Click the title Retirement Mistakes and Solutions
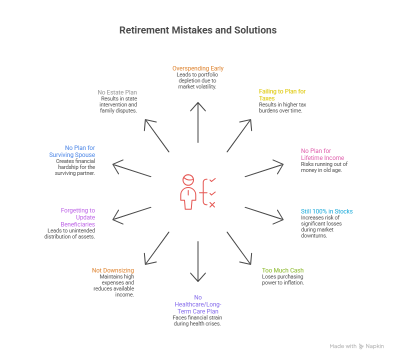coord(197,30)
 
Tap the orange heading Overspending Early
coord(197,68)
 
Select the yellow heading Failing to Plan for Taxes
coord(282,94)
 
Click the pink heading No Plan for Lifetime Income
coord(322,154)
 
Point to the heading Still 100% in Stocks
coord(326,211)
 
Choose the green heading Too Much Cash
coord(282,270)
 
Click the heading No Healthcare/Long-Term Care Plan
coord(197,304)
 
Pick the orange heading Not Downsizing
coord(113,270)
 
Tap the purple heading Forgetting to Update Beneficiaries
coord(78,217)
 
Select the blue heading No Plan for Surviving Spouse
coord(73,151)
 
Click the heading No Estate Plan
coord(117,92)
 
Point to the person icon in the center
coord(188,192)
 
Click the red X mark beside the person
coord(212,204)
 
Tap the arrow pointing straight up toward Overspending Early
coord(198,125)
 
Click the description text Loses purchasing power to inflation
coord(283,279)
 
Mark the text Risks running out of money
coord(323,167)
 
